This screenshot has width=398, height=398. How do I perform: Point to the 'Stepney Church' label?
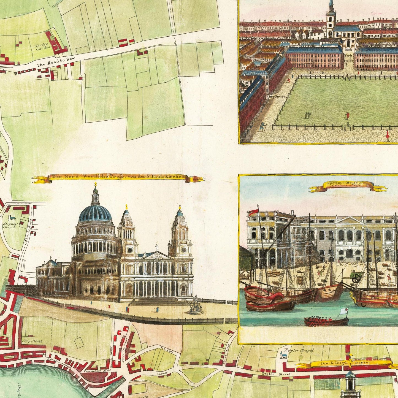coord(10,226)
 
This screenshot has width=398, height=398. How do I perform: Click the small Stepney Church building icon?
coord(12,218)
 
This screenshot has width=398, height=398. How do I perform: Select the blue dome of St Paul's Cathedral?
coord(95,213)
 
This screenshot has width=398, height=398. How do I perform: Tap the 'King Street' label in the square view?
coord(275,97)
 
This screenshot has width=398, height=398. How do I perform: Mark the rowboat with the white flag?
coord(326,321)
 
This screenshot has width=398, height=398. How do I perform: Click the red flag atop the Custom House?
coord(253,212)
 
